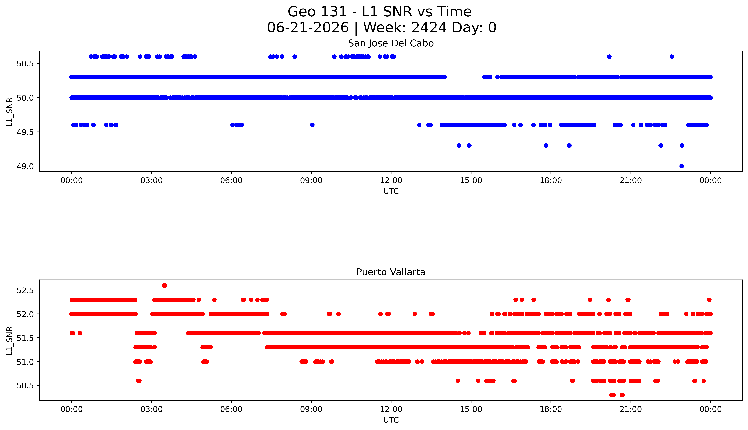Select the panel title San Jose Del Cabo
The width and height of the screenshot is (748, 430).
coord(391,43)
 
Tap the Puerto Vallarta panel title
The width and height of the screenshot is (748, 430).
coord(391,272)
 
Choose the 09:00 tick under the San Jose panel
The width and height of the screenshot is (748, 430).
coord(311,180)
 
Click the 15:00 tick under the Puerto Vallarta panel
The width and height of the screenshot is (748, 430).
coord(471,409)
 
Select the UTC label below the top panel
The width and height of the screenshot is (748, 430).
coord(391,191)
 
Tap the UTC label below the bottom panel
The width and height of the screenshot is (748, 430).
coord(391,420)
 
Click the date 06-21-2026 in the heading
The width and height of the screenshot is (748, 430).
coord(308,28)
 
